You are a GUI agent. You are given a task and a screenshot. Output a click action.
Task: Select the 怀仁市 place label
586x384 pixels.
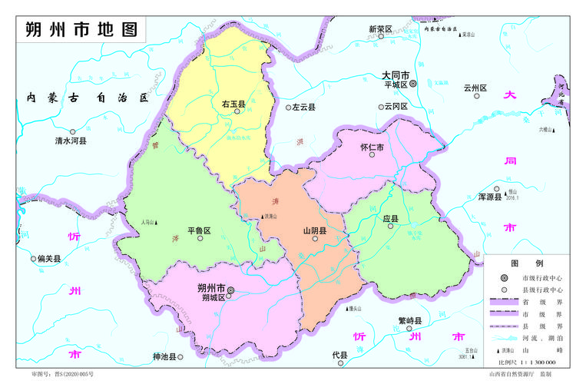(372, 147)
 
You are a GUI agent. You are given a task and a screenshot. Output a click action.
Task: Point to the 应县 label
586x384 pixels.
(391, 219)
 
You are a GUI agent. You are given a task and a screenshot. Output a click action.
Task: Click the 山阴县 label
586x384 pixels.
(315, 230)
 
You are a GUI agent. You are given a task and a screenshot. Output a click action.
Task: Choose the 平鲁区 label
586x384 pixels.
(199, 230)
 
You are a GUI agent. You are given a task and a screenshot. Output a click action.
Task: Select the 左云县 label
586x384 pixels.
(303, 108)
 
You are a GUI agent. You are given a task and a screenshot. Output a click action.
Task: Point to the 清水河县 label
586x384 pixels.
(71, 141)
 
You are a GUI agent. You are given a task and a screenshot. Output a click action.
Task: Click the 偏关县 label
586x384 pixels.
(48, 259)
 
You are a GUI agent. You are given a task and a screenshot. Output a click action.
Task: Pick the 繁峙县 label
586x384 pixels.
(409, 320)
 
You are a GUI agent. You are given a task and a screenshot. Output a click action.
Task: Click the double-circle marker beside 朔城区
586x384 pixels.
(230, 290)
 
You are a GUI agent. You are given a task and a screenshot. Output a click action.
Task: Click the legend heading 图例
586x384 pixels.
(533, 263)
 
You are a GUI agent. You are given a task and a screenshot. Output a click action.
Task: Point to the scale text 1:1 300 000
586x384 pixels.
(535, 361)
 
